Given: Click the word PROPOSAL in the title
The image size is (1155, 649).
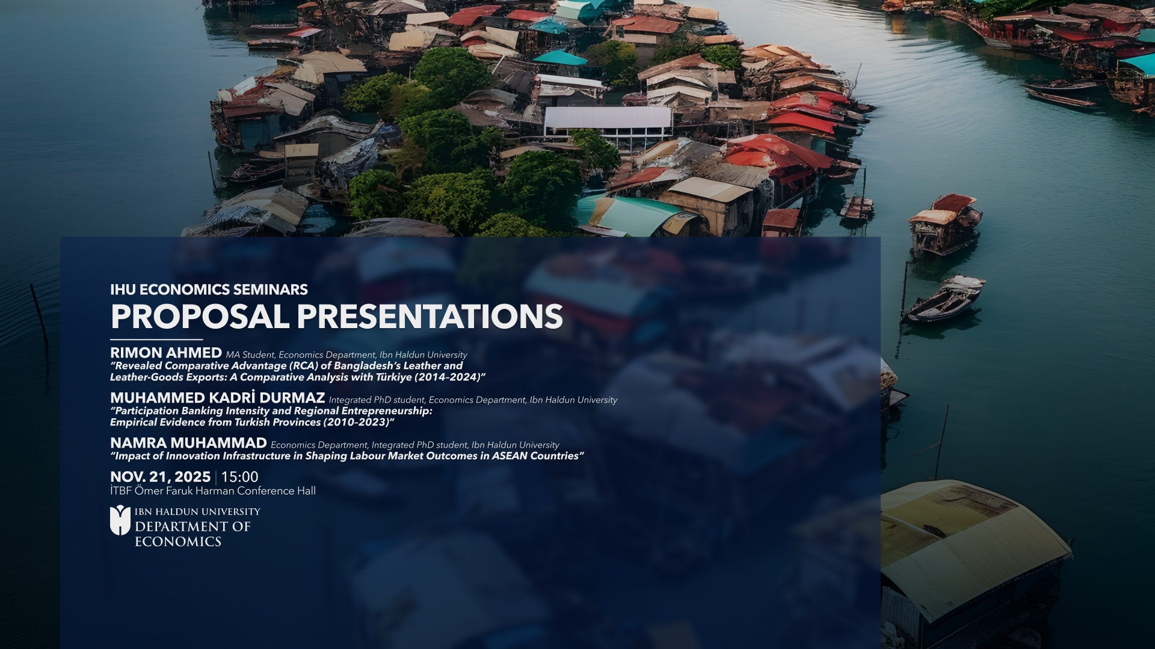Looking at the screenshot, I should click(200, 316).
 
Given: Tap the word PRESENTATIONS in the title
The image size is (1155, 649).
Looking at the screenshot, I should click(430, 316).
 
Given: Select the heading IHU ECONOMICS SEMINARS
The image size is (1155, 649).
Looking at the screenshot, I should click(209, 290).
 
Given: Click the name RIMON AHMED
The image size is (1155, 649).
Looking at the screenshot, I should click(166, 353).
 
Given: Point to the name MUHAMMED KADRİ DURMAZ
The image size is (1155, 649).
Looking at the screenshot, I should click(217, 398).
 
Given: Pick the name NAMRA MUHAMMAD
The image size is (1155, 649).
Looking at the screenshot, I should click(188, 443).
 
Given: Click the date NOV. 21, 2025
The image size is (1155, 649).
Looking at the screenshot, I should click(160, 477).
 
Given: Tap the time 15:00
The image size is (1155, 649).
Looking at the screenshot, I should click(239, 477).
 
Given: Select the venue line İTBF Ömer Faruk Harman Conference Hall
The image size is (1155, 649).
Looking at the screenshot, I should click(212, 491).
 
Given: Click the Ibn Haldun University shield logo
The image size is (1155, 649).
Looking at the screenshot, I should click(120, 520).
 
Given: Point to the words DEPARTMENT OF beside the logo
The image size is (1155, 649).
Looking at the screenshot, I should click(192, 527).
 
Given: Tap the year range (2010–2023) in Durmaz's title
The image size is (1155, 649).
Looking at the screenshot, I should click(358, 422).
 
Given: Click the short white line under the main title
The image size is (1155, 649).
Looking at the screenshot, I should click(156, 340).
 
